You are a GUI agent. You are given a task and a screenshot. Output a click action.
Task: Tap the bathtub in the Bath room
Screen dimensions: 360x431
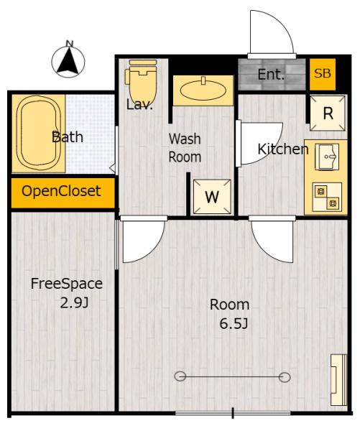[39, 134]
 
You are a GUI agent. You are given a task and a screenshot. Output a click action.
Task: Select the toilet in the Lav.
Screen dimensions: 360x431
[142, 82]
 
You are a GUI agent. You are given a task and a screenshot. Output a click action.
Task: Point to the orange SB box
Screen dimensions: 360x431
[323, 74]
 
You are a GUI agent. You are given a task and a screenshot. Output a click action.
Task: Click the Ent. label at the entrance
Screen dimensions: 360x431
[271, 75]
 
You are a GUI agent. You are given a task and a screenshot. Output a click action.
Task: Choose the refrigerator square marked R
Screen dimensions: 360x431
[328, 113]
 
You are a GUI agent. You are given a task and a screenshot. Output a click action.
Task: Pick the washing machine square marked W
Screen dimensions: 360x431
[212, 197]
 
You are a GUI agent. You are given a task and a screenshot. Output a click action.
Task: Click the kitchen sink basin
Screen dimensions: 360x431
[327, 157]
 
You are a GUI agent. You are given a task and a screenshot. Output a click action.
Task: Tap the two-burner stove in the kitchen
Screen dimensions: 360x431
[327, 197]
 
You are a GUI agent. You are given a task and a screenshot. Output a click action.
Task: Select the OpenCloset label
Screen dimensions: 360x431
[61, 191]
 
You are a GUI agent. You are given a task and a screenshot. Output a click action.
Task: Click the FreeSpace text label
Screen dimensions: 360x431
[67, 284]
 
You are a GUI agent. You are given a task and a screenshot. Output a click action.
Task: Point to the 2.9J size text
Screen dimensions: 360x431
[74, 303]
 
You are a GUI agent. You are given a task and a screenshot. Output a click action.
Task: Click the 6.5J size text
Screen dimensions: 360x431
[234, 324]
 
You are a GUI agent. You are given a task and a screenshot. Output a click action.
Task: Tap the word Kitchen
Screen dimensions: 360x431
[283, 149]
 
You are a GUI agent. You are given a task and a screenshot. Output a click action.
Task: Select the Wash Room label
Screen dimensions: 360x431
[185, 148]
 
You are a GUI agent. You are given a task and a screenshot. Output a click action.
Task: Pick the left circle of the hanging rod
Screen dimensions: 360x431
[180, 376]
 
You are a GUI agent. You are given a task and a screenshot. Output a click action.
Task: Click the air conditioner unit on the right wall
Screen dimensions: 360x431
[339, 380]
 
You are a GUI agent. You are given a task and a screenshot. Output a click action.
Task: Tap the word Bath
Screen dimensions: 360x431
[68, 137]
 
